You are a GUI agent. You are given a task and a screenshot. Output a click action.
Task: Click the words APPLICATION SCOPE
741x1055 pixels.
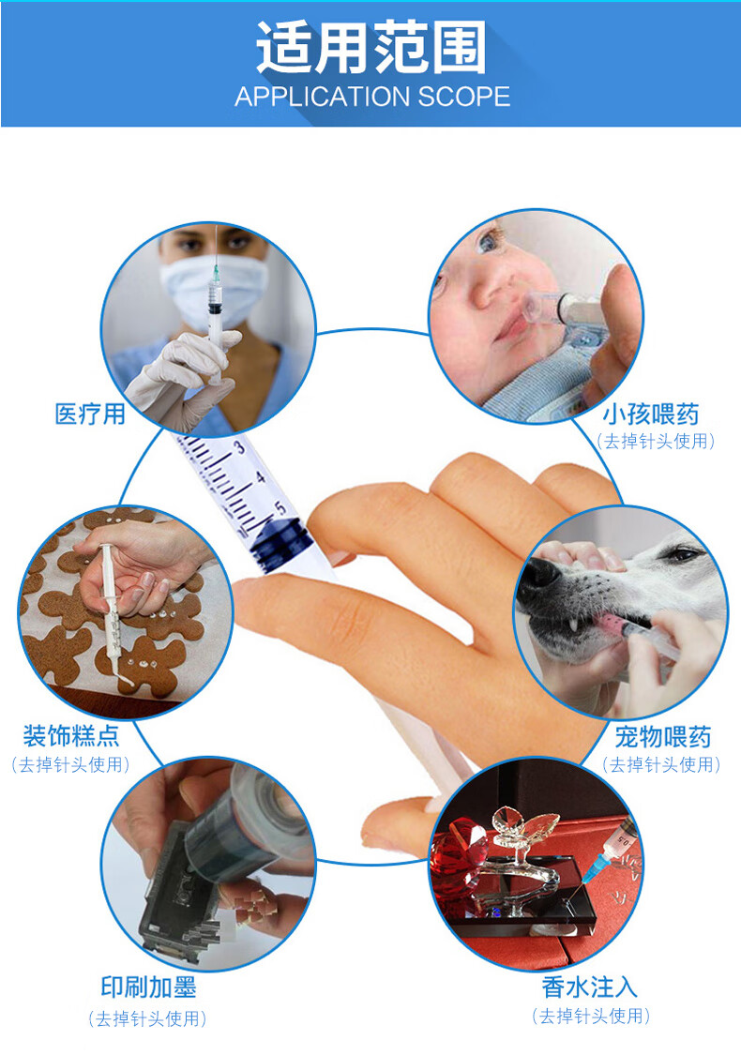point(372,97)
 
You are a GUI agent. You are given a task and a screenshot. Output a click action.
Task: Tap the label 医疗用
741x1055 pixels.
point(90,414)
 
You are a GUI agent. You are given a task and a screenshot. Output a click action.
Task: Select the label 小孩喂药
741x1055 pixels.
point(651,414)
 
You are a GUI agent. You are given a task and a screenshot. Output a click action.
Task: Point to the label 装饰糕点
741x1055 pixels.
point(70,735)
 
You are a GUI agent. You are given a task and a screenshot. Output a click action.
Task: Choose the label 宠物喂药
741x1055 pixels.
point(663,737)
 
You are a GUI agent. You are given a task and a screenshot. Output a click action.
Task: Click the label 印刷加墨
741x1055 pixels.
point(149,987)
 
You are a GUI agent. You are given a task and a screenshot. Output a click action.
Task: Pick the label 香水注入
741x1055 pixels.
point(590,987)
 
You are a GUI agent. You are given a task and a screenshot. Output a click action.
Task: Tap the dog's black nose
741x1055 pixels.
point(539,580)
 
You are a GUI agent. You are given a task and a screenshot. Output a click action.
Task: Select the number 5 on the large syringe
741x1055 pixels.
point(280,507)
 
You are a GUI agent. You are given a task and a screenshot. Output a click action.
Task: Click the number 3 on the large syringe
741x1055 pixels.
point(239,446)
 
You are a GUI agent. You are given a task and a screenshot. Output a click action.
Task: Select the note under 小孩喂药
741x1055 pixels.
point(657,442)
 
